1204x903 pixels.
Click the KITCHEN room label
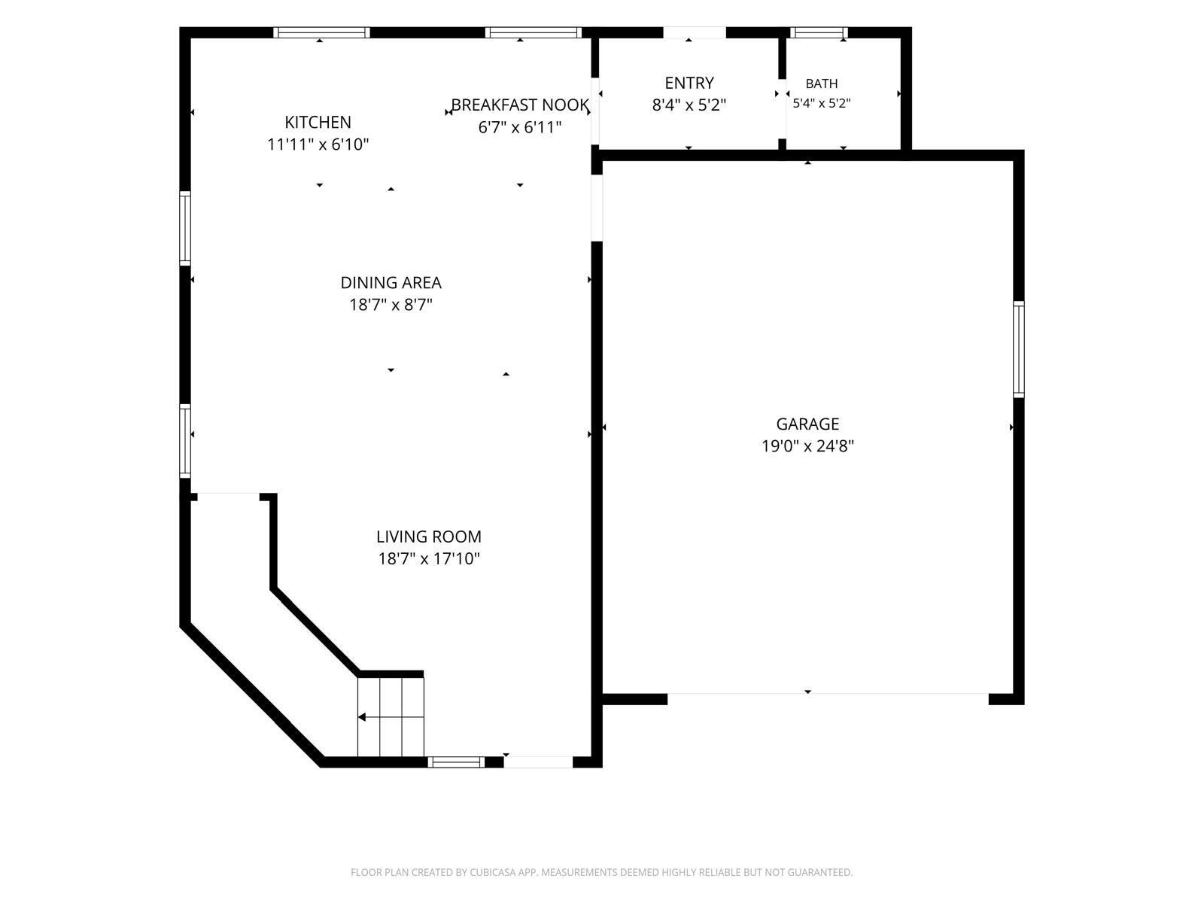click(x=318, y=122)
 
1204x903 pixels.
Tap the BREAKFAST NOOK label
click(x=519, y=105)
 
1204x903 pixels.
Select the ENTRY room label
click(x=689, y=83)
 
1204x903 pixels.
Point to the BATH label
click(x=821, y=84)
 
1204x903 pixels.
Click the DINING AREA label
click(x=391, y=282)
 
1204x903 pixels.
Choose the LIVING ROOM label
click(x=428, y=537)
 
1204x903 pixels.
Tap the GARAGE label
click(x=807, y=424)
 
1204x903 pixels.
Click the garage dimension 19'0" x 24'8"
click(x=807, y=446)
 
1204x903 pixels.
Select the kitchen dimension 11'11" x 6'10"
click(x=318, y=144)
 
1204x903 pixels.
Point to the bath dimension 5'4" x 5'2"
click(x=821, y=103)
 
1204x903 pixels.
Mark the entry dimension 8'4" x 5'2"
click(x=689, y=105)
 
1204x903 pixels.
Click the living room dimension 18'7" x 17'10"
click(x=428, y=558)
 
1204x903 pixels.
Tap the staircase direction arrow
click(x=391, y=716)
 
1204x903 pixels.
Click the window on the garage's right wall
click(x=1018, y=349)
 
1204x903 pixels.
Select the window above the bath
click(x=819, y=32)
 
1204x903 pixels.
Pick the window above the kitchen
click(x=321, y=32)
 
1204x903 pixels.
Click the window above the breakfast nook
click(x=534, y=32)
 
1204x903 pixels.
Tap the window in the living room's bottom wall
click(x=456, y=762)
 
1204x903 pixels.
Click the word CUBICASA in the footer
click(x=492, y=872)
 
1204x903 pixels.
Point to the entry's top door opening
click(x=695, y=32)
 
